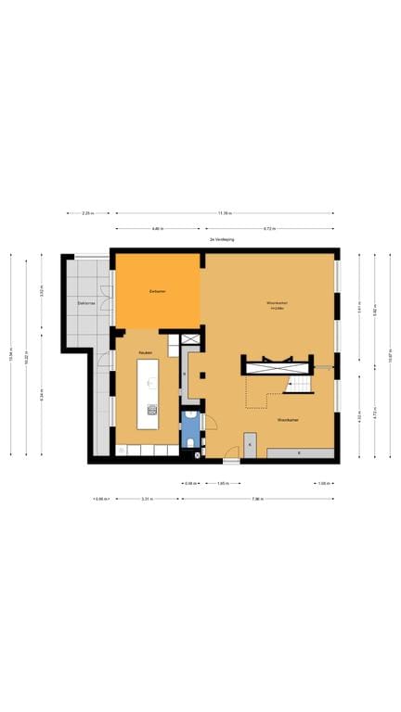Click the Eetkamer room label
pyautogui.click(x=157, y=292)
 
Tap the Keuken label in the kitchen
pyautogui.click(x=146, y=353)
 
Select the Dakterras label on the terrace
pyautogui.click(x=87, y=303)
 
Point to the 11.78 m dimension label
pyautogui.click(x=224, y=213)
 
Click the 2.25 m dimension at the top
pyautogui.click(x=87, y=213)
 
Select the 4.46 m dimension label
pyautogui.click(x=158, y=227)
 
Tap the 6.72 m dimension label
pyautogui.click(x=267, y=227)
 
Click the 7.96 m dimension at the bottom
pyautogui.click(x=257, y=499)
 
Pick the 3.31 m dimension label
pyautogui.click(x=146, y=499)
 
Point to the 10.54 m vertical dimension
pyautogui.click(x=12, y=355)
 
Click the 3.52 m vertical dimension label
pyautogui.click(x=42, y=291)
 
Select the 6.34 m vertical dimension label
pyautogui.click(x=42, y=393)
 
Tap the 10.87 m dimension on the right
pyautogui.click(x=391, y=355)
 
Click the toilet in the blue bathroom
pyautogui.click(x=190, y=443)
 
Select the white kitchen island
pyautogui.click(x=149, y=394)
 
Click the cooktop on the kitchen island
pyautogui.click(x=151, y=409)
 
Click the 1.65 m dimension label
pyautogui.click(x=223, y=483)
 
